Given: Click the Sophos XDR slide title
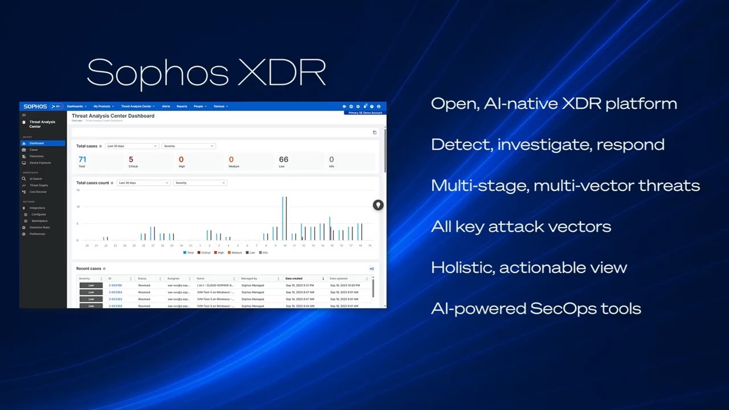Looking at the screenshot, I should [x=206, y=72].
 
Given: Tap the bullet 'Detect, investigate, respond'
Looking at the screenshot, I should [x=547, y=145].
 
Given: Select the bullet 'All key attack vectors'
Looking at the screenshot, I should [x=521, y=227].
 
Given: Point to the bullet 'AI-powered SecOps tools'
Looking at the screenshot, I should [x=536, y=309].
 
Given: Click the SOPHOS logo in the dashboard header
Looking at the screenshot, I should [x=35, y=106].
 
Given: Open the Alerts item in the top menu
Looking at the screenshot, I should [x=166, y=106].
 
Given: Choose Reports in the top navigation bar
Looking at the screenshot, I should [x=182, y=106].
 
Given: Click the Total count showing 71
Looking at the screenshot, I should [x=82, y=159].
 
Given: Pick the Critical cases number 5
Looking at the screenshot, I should [x=131, y=159].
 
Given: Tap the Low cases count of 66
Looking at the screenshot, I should [x=283, y=159].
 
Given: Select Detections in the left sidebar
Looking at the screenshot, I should [x=36, y=156].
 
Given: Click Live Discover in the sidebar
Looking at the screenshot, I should [x=38, y=192].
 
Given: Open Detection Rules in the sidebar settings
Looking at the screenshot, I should [x=39, y=227].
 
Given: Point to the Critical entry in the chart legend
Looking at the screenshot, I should [x=204, y=252].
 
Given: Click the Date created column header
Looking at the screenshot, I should [x=294, y=278].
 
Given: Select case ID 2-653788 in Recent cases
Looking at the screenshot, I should [x=115, y=285].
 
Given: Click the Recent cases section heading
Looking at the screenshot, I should [x=88, y=268].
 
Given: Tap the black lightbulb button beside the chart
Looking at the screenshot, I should [x=378, y=205].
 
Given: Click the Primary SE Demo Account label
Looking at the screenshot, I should [x=365, y=113].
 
